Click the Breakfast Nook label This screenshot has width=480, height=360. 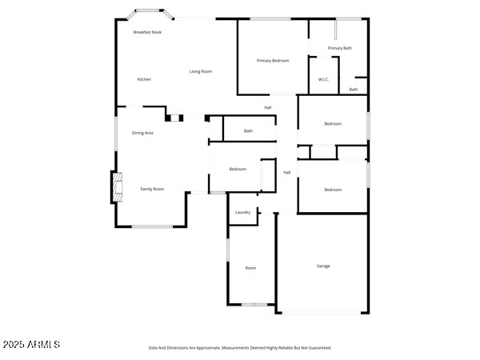click(x=147, y=32)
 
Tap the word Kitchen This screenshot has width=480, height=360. click(x=144, y=79)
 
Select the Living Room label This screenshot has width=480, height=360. click(x=201, y=72)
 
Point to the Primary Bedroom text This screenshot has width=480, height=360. click(x=273, y=61)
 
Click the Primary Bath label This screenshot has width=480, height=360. click(x=340, y=48)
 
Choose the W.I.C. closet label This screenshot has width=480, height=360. click(x=323, y=79)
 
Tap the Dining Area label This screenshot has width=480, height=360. click(x=142, y=133)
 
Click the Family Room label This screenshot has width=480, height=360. click(x=152, y=189)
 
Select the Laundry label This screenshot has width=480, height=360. click(x=242, y=213)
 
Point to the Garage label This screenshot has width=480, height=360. click(x=323, y=266)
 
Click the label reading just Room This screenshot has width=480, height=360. click(x=250, y=268)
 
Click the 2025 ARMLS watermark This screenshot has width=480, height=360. click(x=32, y=345)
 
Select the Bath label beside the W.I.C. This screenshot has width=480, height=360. click(x=354, y=90)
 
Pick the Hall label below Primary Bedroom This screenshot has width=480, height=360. click(x=268, y=108)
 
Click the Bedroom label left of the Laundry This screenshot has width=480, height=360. click(x=238, y=169)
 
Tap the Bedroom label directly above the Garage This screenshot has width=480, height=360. click(x=333, y=190)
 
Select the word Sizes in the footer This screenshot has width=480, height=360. click(x=154, y=348)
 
